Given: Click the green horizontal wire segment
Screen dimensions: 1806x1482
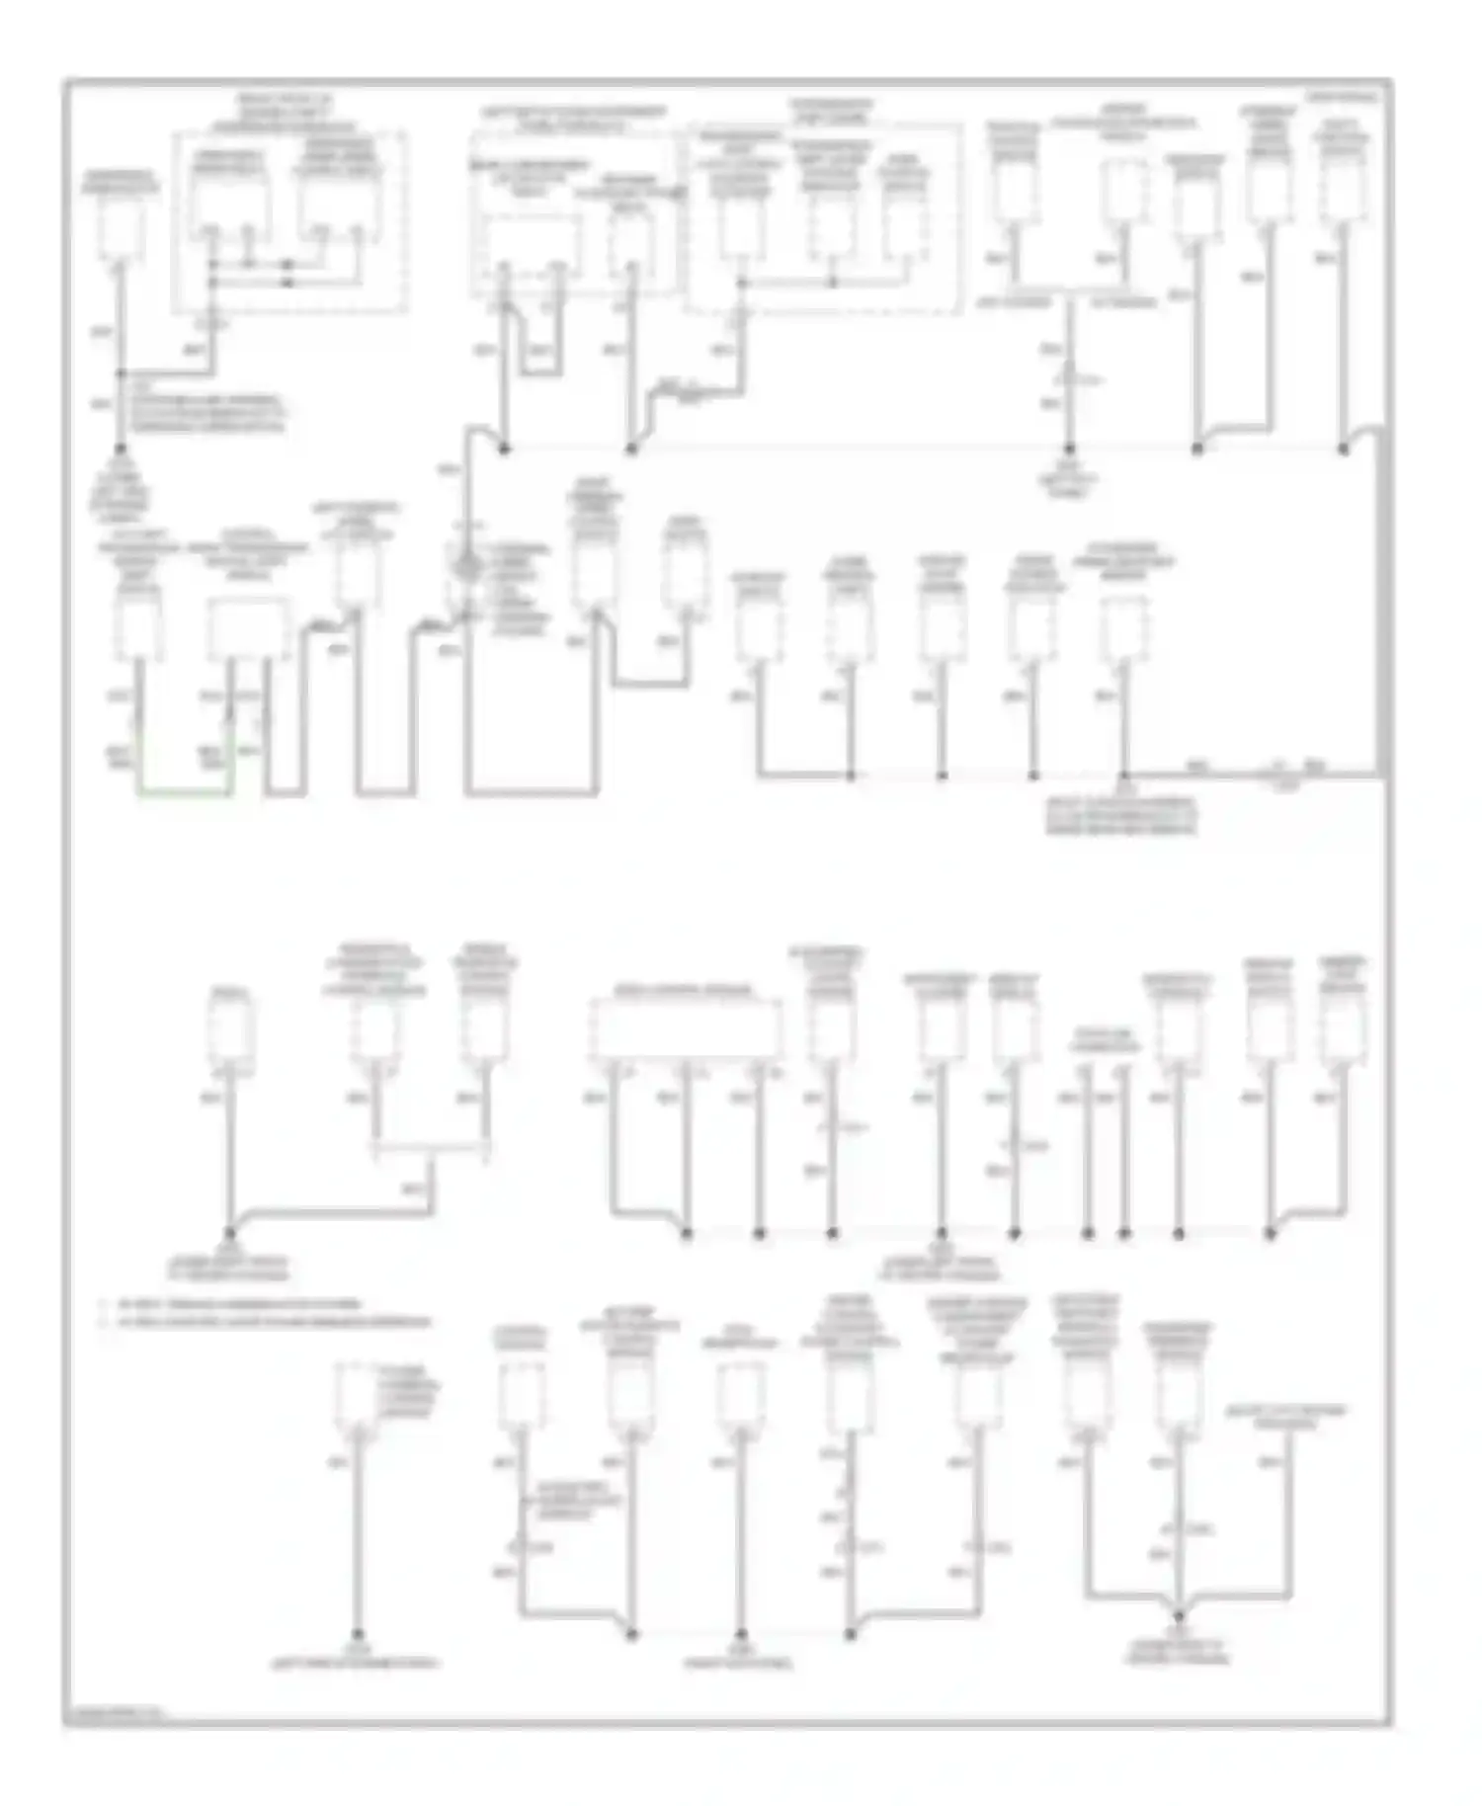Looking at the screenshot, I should (185, 792).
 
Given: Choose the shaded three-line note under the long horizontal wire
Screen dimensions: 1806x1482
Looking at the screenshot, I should (1122, 816).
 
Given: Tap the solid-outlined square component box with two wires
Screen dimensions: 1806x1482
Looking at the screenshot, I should (248, 629).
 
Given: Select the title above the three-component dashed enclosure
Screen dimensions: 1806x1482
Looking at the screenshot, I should (830, 111).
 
